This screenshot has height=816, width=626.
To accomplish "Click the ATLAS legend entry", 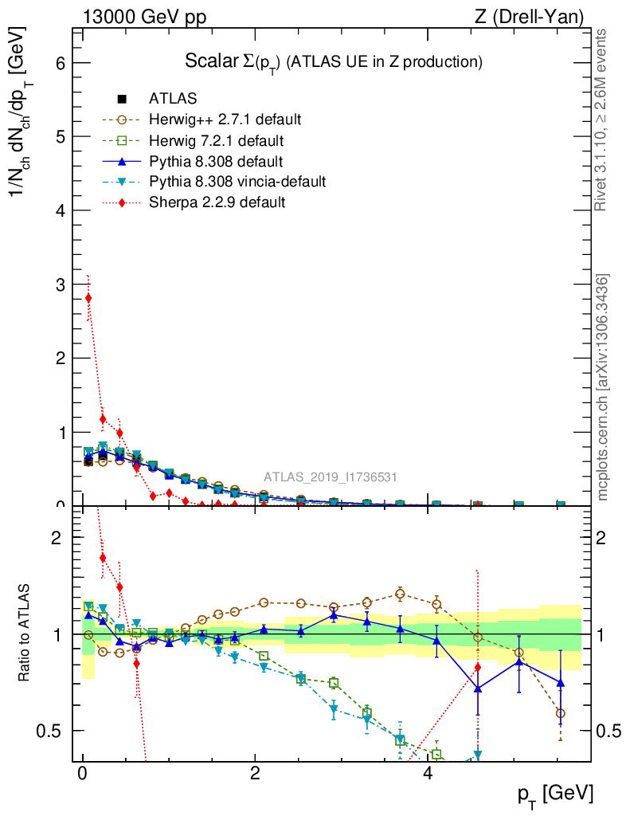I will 173,99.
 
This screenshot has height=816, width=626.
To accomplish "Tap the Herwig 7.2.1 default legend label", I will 217,140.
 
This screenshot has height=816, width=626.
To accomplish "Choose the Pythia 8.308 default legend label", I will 215,161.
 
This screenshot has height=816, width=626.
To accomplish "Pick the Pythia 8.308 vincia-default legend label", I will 237,182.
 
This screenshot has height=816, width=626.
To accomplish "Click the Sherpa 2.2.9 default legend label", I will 217,202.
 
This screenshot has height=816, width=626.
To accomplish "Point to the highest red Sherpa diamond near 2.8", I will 88,298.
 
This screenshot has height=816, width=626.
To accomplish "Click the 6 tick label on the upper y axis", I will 60,63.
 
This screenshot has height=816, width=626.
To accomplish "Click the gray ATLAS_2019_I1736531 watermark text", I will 331,477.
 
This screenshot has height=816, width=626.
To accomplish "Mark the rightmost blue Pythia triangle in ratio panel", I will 561,682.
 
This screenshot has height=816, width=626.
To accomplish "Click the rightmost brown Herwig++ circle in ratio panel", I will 561,713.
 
